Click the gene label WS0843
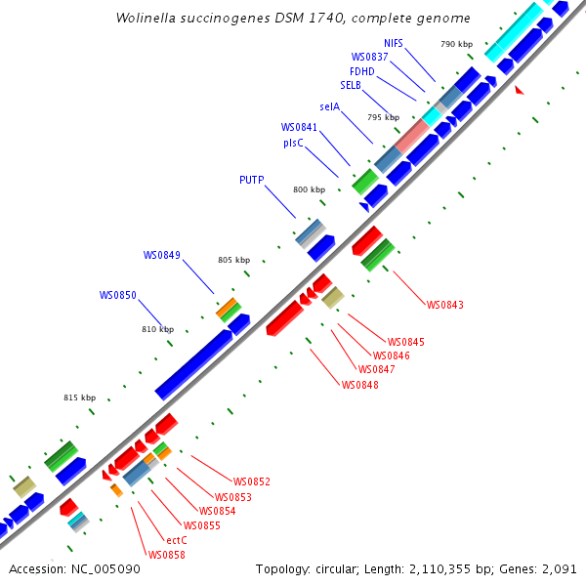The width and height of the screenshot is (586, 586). coord(444,305)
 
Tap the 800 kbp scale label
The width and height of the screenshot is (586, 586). coord(310,189)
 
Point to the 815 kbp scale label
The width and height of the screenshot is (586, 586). coord(80,398)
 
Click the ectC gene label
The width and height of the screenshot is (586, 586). coord(177,540)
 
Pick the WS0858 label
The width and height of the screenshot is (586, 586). coord(166,555)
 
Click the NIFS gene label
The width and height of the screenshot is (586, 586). coord(393,43)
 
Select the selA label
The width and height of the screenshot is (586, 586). coord(329,106)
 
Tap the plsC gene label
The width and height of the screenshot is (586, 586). coord(293,142)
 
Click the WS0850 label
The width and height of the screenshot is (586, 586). coord(117,295)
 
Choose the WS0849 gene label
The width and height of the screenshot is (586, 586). coord(161,255)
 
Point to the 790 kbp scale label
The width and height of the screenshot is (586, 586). coord(456,44)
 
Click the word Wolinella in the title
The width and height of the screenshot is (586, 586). coord(146,19)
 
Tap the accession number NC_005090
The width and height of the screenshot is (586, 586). coord(104,568)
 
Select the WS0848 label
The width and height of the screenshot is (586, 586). coord(360,385)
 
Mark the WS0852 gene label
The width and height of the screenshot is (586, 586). coord(251,481)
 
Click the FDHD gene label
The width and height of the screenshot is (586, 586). coord(361,71)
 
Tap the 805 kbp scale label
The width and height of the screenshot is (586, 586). coord(234,260)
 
